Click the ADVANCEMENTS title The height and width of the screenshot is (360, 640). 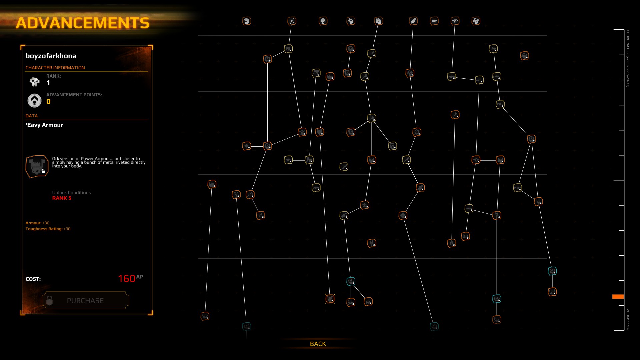click(83, 23)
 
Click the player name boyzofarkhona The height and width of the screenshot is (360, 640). click(51, 56)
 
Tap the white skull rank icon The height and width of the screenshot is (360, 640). click(34, 81)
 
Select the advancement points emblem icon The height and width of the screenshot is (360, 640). click(34, 100)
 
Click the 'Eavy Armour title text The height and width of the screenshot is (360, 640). click(44, 125)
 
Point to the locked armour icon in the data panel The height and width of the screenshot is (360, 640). click(37, 166)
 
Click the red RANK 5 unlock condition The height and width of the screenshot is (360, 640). click(62, 198)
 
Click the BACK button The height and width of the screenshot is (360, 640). click(318, 344)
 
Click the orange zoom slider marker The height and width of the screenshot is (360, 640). click(618, 296)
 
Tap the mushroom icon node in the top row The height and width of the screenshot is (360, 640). click(323, 21)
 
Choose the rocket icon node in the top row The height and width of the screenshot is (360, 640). click(413, 21)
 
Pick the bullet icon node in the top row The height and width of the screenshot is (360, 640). click(434, 21)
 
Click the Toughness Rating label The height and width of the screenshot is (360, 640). click(44, 229)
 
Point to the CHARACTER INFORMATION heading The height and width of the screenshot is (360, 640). click(55, 68)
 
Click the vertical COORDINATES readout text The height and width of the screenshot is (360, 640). click(628, 59)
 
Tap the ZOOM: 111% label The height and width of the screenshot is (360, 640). click(628, 319)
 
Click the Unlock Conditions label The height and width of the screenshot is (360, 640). click(71, 193)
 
